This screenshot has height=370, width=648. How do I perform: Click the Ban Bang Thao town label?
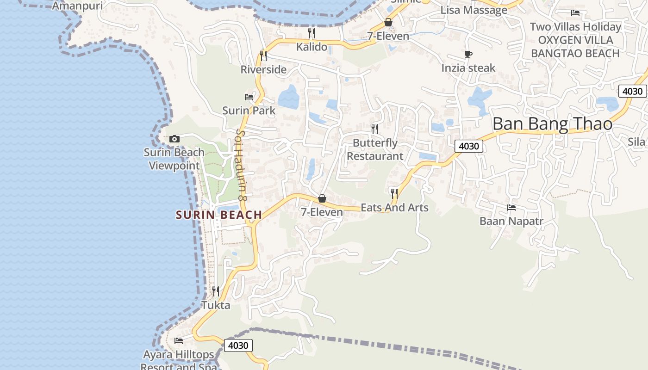552,124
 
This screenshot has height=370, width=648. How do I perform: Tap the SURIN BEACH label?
219,215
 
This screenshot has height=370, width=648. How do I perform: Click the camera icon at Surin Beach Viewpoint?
174,139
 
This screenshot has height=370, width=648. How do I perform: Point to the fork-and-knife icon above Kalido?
312,33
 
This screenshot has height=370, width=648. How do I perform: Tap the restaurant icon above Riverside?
263,56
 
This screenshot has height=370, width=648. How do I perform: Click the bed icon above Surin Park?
249,97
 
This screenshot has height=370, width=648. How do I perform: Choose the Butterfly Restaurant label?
375,149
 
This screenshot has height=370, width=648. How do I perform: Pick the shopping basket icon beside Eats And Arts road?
322,199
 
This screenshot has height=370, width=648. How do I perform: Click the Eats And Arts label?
394,208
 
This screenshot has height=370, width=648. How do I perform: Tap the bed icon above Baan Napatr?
511,208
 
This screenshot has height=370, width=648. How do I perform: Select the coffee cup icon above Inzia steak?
468,55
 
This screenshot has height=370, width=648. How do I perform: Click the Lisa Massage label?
474,10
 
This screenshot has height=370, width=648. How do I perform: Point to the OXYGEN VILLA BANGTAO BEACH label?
575,47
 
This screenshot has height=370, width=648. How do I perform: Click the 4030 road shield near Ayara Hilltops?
238,345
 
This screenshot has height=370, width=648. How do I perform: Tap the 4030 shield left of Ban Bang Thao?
469,146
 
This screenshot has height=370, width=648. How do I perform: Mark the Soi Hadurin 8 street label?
242,165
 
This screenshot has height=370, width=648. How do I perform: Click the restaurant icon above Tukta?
216,291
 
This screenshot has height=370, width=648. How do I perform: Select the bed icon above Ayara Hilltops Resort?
179,341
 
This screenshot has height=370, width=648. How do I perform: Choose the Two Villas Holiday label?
575,27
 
